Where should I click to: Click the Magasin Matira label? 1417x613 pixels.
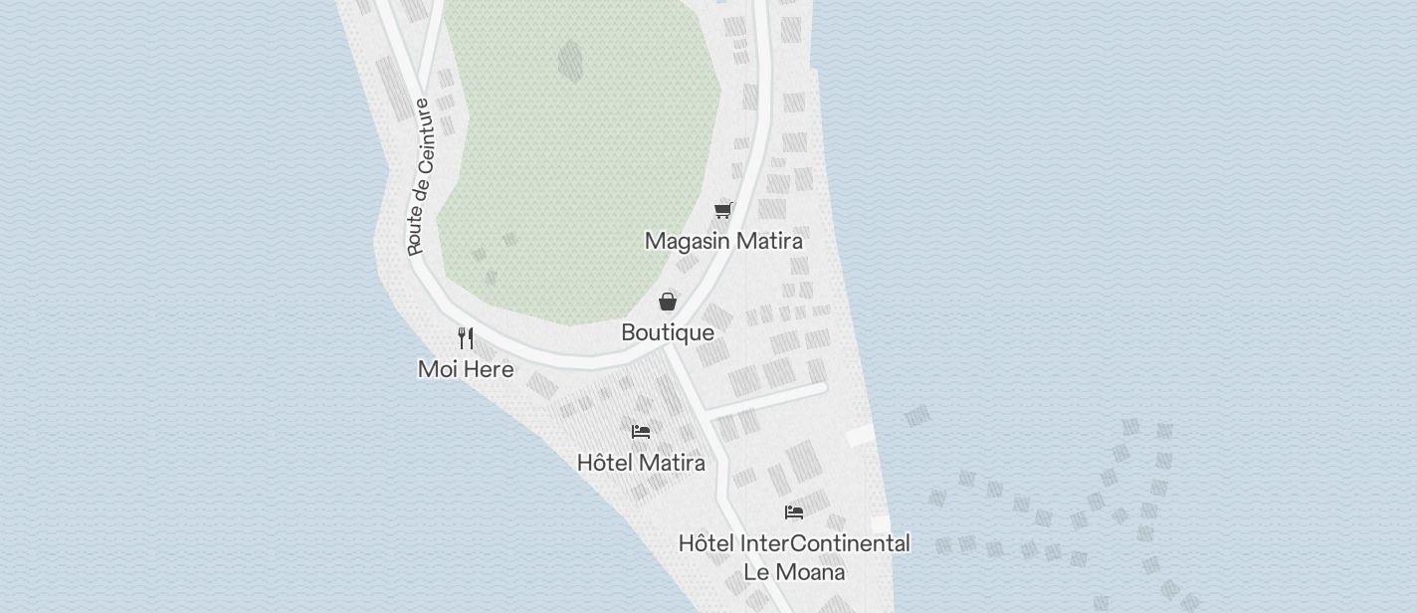click(723, 241)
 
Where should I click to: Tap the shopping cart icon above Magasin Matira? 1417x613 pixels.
click(723, 210)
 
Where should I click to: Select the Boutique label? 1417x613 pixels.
click(668, 332)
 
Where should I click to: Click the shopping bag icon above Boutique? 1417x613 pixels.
click(668, 302)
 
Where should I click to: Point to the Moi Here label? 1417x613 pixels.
click(466, 369)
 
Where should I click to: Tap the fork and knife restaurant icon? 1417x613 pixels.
click(466, 337)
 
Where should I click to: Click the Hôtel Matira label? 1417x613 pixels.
click(641, 463)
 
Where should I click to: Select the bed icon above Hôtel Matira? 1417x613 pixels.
click(641, 431)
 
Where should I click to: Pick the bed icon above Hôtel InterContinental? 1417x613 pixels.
click(794, 512)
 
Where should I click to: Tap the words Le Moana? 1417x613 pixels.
click(794, 572)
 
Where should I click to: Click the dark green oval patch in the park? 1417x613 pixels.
click(570, 61)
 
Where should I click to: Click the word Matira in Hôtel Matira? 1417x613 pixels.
click(672, 463)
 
